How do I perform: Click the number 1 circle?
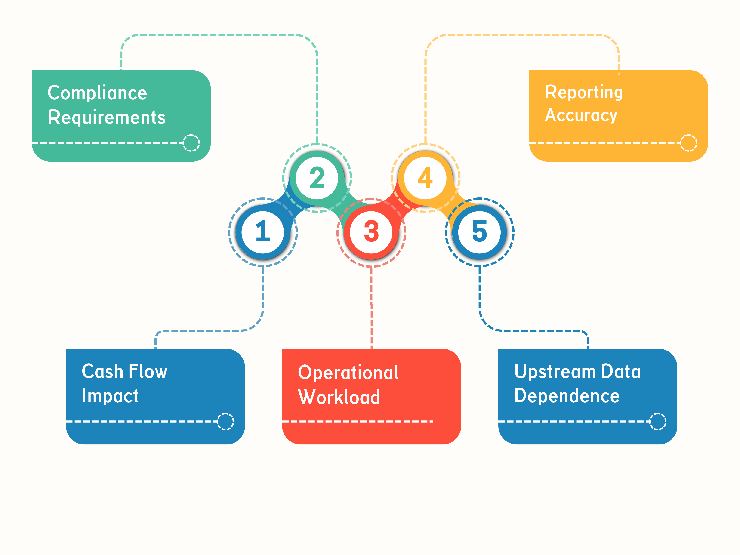point(263,232)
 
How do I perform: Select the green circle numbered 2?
point(317,178)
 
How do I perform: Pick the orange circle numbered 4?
point(425,178)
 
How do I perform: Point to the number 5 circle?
point(479,232)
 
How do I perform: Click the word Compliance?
point(97,93)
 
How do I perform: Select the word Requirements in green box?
point(106,117)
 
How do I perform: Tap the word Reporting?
point(584,92)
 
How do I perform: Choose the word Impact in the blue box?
point(110,396)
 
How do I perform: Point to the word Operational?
point(348,373)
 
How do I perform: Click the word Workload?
point(339,397)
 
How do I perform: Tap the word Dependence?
point(567,396)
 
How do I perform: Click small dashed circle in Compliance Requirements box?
point(191,143)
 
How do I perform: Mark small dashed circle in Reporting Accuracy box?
point(689,143)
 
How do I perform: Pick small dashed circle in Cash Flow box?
point(225,422)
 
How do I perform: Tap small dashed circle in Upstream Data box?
point(658,422)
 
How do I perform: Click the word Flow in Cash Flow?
point(148,371)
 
